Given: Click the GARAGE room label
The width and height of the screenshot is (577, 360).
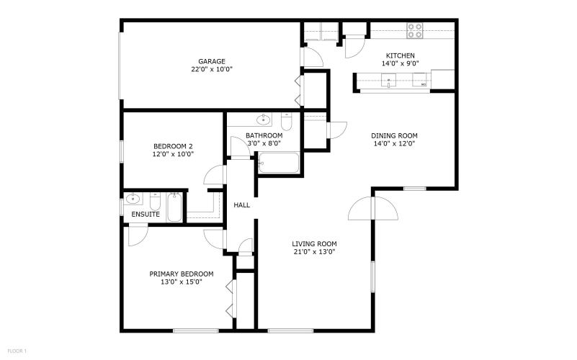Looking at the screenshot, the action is [212, 61].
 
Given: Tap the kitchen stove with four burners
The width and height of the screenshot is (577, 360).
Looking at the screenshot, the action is [415, 30].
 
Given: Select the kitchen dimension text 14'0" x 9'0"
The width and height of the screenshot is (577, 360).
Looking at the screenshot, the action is [400, 63].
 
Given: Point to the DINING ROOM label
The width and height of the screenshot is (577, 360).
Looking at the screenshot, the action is [394, 135].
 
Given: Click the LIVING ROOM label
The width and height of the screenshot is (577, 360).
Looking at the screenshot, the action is [314, 244].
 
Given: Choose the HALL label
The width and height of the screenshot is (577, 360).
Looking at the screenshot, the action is [242, 204].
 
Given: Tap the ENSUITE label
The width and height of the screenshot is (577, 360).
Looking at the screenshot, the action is [146, 215].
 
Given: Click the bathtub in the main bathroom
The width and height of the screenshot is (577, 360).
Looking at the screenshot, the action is [279, 162].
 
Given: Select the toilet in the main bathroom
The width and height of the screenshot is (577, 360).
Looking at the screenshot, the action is [286, 122].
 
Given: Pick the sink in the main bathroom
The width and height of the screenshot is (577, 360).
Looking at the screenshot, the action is [264, 119].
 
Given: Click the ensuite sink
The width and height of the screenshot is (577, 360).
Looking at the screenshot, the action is [133, 199].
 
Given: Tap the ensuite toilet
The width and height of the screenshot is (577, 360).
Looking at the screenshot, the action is [156, 201].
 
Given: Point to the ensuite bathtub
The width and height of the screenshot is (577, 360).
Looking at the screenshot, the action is [174, 207].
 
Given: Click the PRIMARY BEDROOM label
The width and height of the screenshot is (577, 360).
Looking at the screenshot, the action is [182, 274].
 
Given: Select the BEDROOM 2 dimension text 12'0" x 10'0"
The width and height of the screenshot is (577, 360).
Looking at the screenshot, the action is [173, 154].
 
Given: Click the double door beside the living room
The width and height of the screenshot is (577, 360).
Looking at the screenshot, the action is [372, 209].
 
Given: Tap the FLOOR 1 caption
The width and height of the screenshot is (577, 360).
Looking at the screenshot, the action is [17, 351].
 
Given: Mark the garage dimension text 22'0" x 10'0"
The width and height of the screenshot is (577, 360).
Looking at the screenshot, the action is [212, 69].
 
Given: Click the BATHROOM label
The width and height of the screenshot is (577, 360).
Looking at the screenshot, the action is [264, 135].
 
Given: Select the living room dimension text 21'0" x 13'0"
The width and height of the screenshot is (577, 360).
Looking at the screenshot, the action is [314, 252].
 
